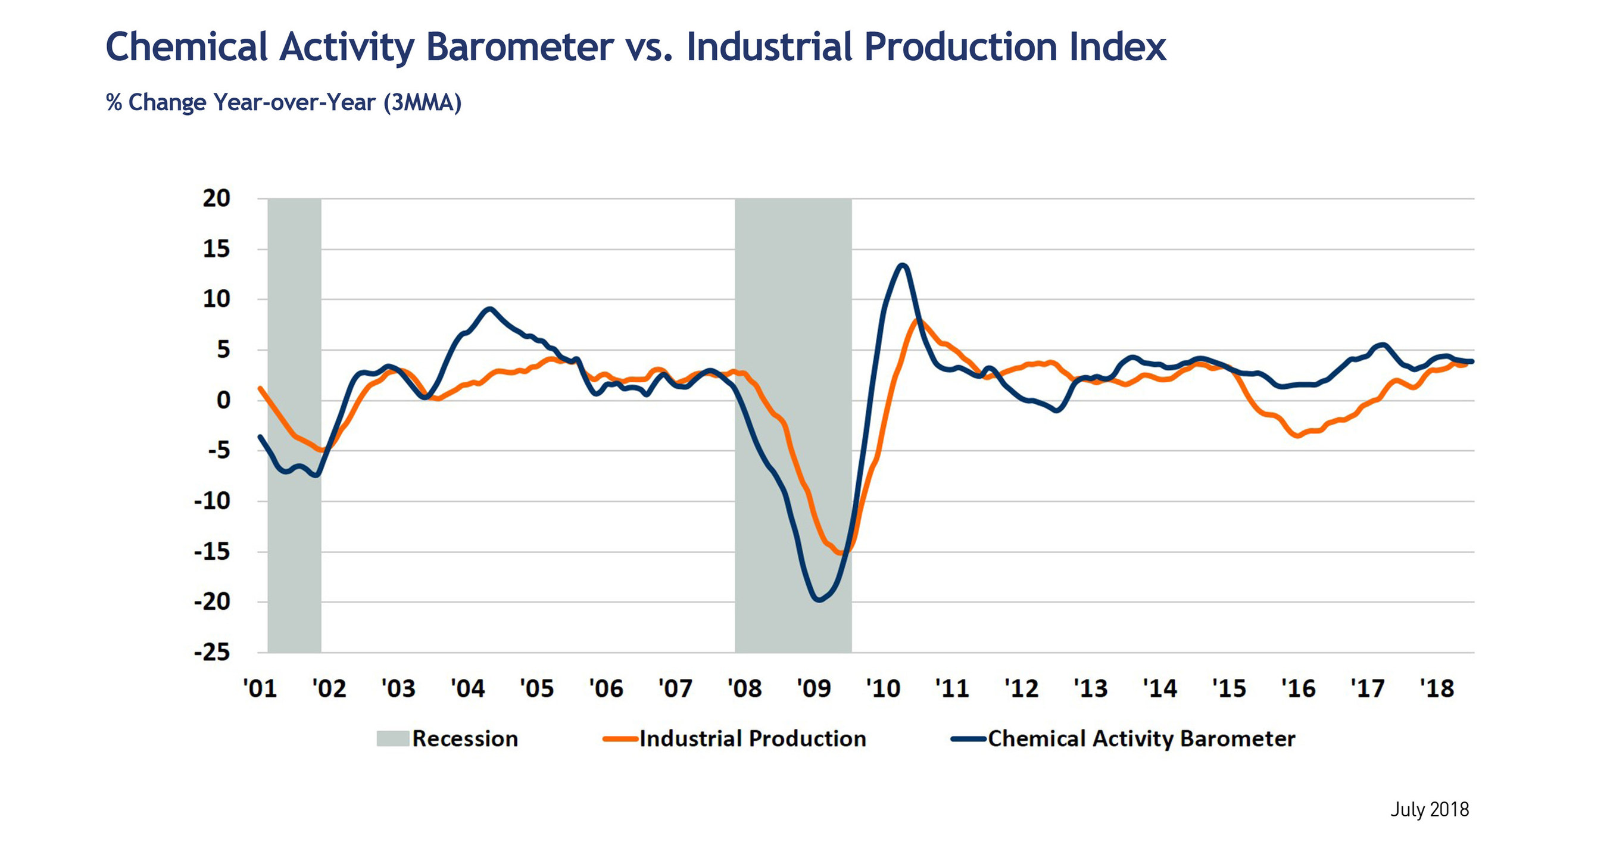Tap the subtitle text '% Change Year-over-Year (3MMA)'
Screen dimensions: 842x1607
click(284, 102)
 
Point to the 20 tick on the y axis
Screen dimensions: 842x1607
click(217, 198)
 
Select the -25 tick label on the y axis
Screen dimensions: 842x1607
click(212, 653)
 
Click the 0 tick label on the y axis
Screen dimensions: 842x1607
click(223, 400)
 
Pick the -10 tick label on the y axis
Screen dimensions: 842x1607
click(212, 501)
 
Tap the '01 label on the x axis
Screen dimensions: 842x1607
click(260, 688)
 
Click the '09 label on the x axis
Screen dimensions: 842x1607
click(813, 688)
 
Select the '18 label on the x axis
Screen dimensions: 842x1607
click(1437, 688)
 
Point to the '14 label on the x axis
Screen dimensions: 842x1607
click(1160, 688)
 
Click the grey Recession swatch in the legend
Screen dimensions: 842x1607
click(392, 738)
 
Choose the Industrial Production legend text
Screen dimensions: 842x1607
click(753, 738)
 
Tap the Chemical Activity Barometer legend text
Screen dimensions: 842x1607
click(1141, 738)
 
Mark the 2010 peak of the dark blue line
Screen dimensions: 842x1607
click(903, 266)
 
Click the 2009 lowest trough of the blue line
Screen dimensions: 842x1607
click(819, 600)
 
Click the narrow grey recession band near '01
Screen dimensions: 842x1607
click(295, 562)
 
